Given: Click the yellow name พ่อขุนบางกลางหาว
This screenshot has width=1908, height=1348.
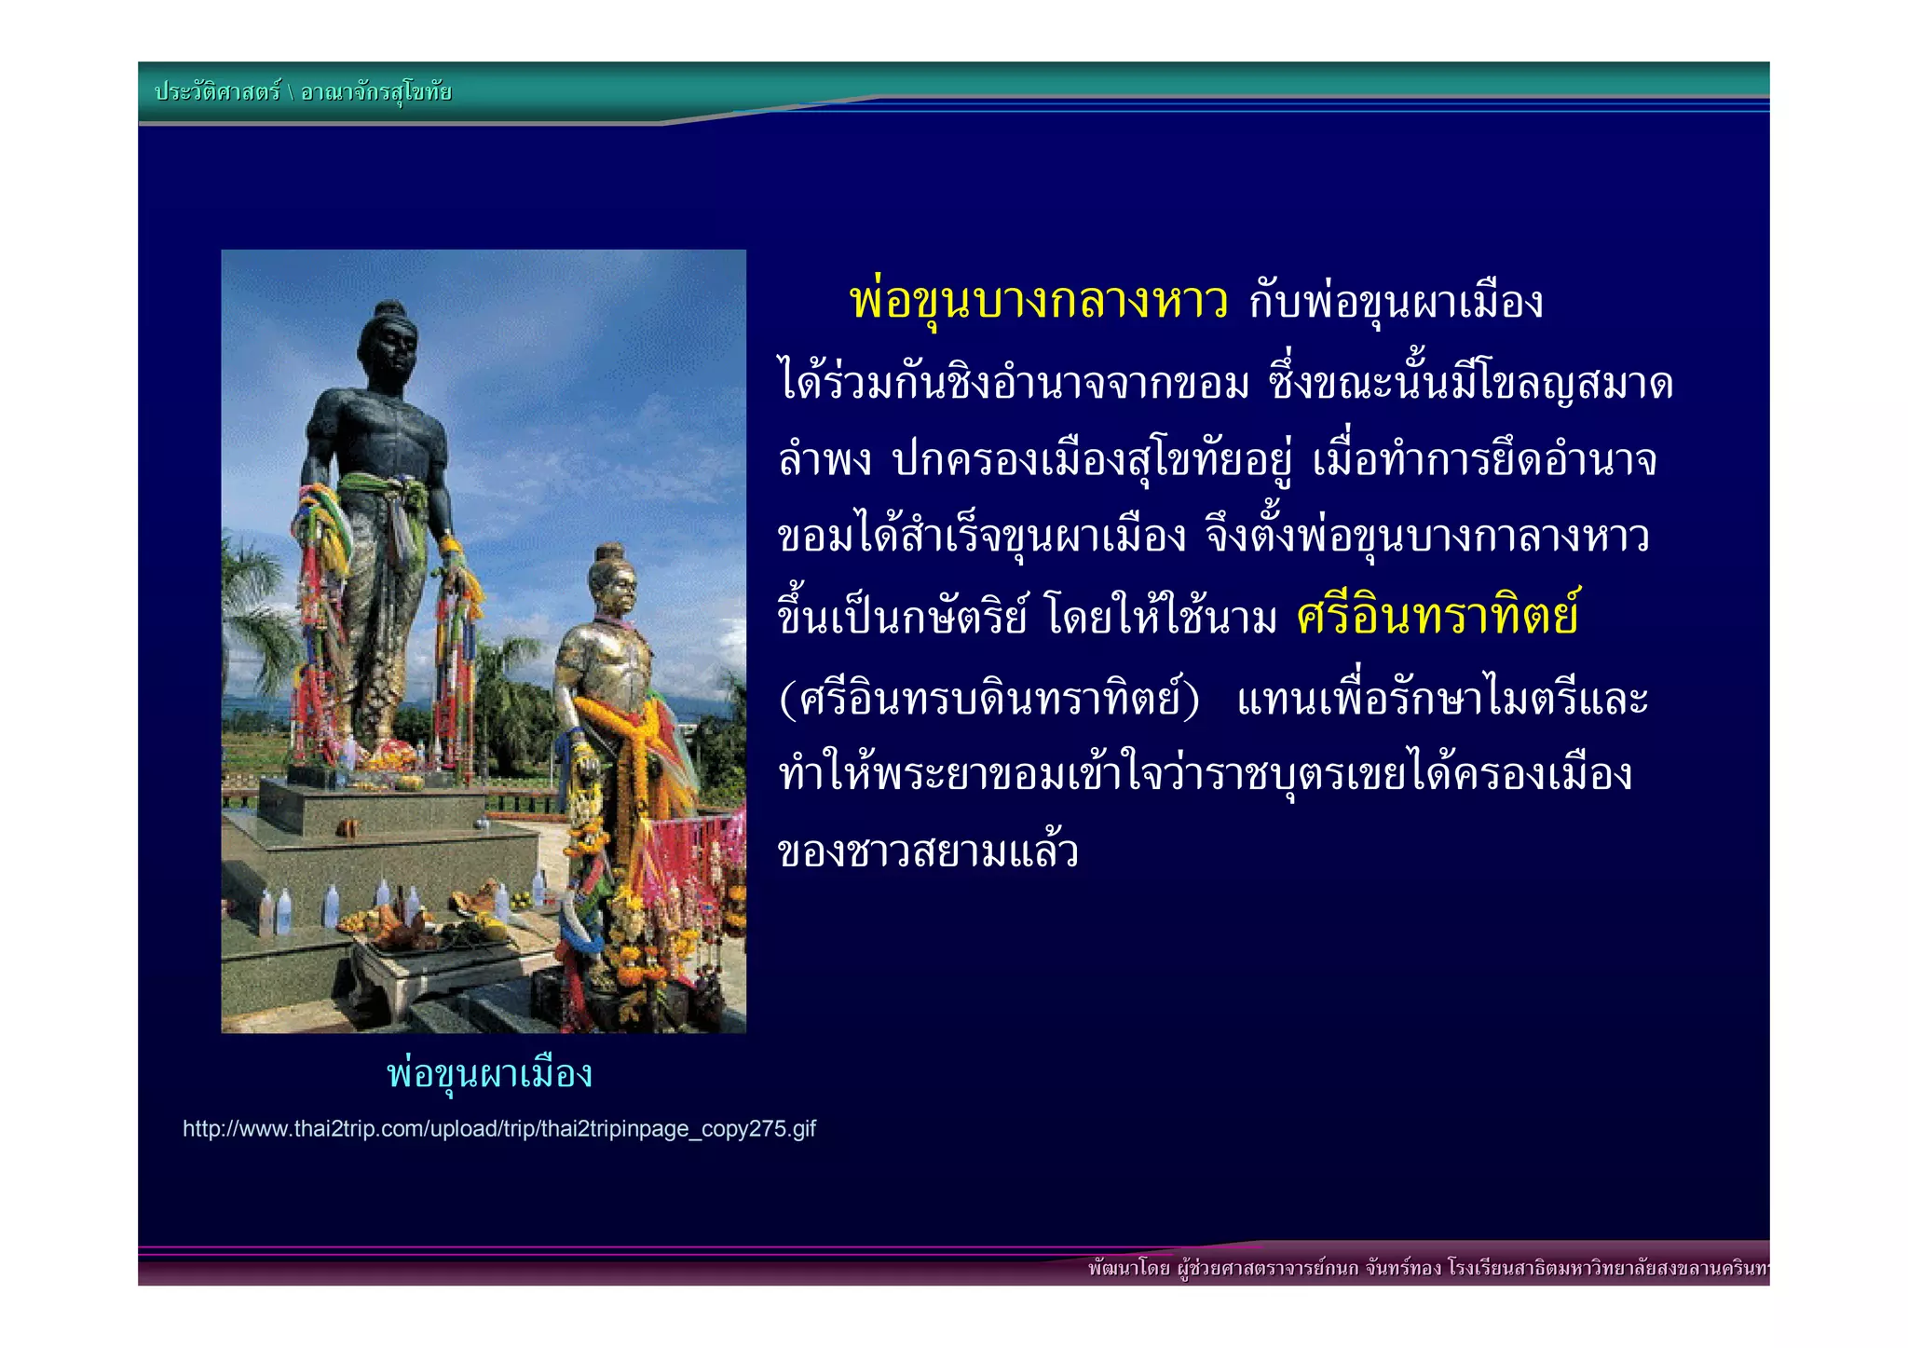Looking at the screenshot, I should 1038,302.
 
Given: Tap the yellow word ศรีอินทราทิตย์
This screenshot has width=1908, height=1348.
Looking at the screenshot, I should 1437,615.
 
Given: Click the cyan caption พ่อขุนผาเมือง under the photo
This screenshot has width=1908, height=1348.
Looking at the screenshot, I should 489,1074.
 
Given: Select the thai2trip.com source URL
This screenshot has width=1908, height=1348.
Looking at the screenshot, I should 498,1129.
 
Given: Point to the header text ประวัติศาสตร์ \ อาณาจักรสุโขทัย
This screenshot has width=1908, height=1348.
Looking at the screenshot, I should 303,91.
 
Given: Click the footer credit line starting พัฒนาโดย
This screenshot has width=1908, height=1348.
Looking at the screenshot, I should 1425,1268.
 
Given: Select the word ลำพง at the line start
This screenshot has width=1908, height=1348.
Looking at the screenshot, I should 825,459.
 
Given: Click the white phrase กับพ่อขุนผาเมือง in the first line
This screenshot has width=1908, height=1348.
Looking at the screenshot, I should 1396,302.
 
